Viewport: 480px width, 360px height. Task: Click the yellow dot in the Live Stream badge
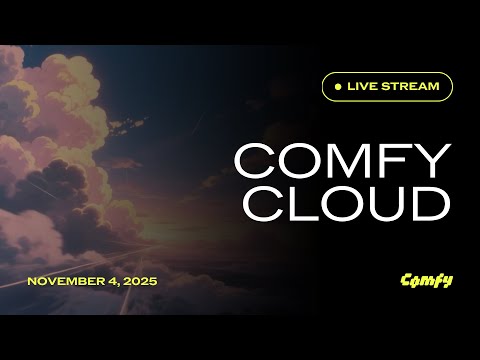338,87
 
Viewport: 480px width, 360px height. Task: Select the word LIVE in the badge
364,87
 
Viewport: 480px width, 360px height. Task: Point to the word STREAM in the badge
412,87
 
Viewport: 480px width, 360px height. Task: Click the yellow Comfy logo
426,280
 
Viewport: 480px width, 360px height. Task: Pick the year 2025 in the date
140,281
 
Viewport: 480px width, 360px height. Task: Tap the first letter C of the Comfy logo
406,280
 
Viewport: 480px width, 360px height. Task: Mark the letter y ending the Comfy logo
447,281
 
